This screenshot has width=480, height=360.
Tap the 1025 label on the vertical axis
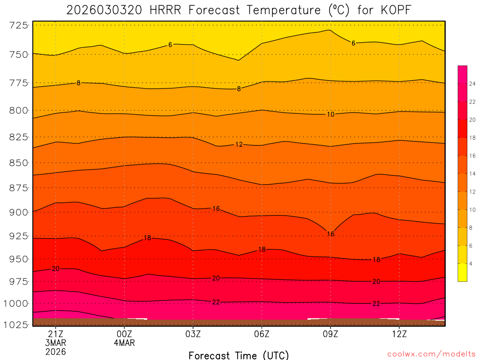point(15,324)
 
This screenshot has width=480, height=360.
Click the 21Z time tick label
point(56,334)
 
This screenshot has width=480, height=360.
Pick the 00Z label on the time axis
point(124,334)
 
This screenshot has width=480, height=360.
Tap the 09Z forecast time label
point(330,334)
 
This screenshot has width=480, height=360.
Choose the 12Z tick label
point(399,334)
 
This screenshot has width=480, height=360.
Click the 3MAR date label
point(56,343)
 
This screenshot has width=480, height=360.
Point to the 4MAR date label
point(124,343)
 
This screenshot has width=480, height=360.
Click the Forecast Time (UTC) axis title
point(239,355)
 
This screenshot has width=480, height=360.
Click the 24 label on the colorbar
point(472,84)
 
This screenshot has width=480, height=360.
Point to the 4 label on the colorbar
point(471,263)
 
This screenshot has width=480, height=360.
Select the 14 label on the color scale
point(472,174)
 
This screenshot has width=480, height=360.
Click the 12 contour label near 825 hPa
point(239,144)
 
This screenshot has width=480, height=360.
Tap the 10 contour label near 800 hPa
point(330,114)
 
